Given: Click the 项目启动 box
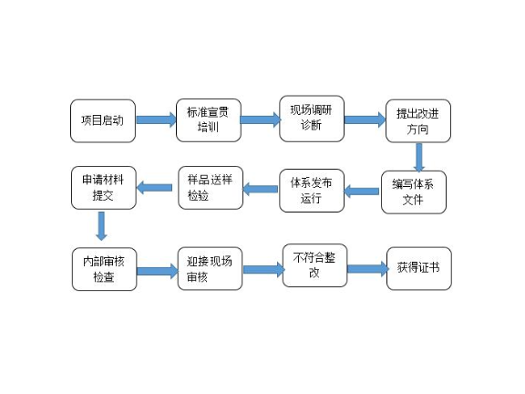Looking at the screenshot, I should click(102, 120).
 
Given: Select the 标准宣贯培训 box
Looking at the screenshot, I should click(208, 119).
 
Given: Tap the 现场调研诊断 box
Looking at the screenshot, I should click(312, 119).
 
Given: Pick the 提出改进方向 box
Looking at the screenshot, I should click(418, 121).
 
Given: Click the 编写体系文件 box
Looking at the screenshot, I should click(414, 192).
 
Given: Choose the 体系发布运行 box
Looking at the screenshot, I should click(312, 190).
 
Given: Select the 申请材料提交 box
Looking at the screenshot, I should click(103, 186).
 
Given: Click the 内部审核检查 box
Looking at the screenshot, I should click(104, 268).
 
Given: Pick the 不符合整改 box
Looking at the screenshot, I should click(314, 264).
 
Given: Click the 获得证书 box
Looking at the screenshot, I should click(418, 268).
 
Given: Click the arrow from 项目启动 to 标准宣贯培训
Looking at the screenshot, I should click(156, 119).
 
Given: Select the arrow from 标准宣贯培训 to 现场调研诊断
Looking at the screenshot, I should click(260, 119).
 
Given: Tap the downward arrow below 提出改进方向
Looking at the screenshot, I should click(419, 157).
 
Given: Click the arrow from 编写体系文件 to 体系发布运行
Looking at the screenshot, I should click(363, 191).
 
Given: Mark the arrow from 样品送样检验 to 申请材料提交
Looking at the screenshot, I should click(154, 188).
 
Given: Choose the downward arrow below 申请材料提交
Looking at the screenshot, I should click(101, 225).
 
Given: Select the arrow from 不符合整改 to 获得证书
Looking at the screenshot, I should click(367, 269).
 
